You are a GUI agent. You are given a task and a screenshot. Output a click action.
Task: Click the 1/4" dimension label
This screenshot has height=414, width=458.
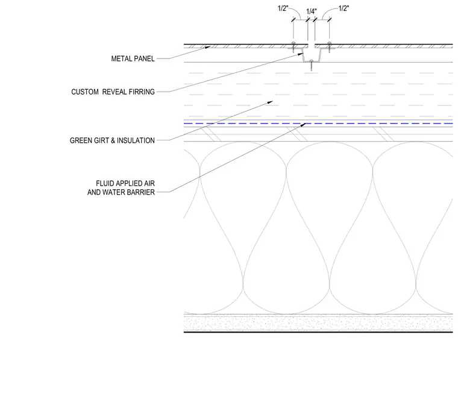(x=312, y=11)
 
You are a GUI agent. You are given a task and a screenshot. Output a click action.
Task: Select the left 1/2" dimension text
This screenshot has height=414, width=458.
(x=283, y=8)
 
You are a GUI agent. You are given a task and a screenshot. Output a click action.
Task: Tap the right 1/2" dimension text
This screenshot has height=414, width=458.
(x=343, y=8)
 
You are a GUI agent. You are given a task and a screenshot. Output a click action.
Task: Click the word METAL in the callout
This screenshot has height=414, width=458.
(x=121, y=58)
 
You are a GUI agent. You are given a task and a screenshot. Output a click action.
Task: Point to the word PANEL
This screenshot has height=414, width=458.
(x=143, y=58)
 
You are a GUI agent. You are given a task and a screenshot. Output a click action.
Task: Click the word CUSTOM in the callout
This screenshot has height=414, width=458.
(x=85, y=92)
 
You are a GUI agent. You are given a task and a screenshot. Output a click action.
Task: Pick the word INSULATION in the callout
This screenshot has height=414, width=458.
(x=136, y=140)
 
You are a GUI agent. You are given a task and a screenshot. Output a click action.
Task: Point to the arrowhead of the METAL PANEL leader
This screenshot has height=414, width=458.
(x=208, y=47)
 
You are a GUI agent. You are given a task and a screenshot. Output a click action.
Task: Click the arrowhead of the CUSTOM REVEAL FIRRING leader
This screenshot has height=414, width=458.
(x=300, y=54)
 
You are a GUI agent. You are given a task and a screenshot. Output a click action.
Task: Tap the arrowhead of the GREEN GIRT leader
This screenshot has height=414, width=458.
(x=269, y=102)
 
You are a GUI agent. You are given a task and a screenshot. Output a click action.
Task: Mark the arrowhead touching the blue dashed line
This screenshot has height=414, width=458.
(x=303, y=125)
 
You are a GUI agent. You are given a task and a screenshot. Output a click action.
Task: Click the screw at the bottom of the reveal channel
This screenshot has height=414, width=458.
(x=312, y=65)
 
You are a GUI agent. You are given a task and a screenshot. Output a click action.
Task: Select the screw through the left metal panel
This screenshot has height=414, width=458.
(x=293, y=47)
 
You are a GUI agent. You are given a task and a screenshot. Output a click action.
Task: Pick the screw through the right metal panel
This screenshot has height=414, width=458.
(x=330, y=47)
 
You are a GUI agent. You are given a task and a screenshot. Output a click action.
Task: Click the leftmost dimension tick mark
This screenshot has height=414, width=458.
(x=293, y=20)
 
